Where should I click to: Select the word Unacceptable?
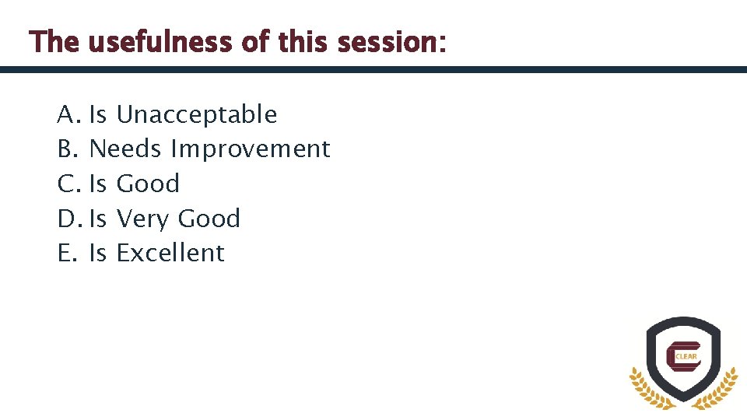point(196,115)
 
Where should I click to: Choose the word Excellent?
point(170,253)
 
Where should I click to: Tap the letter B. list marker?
point(68,149)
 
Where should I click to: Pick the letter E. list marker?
point(67,253)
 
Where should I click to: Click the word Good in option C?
point(148,184)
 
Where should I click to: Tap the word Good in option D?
point(209,219)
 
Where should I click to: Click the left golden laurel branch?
point(647,390)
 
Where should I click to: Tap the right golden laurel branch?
point(718,390)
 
